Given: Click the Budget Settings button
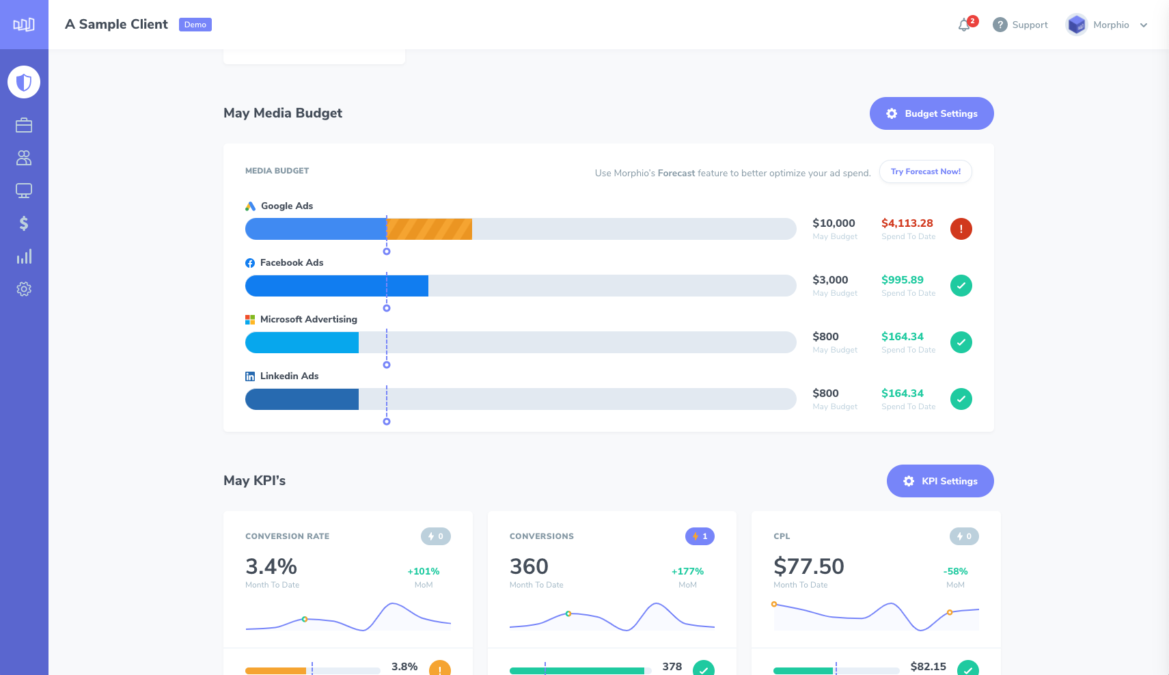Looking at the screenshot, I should tap(931, 113).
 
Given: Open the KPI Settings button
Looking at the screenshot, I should tap(940, 481).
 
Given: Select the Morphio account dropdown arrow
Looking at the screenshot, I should tap(1144, 25).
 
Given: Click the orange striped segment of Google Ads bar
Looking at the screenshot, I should tap(430, 229).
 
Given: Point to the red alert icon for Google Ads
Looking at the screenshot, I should tap(961, 229).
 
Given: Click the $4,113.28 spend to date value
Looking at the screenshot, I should tap(907, 223).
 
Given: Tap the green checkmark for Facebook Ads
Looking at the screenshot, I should tap(961, 286).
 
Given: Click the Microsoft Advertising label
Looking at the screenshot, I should tap(308, 319).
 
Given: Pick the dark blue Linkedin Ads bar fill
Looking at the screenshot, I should tap(301, 399).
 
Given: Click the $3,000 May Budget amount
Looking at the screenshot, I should tap(830, 280).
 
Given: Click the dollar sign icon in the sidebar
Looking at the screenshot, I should tap(24, 223).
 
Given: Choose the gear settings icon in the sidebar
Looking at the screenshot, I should tap(24, 289).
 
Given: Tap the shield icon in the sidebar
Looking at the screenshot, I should tap(24, 82).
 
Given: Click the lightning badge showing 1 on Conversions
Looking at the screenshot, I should tap(700, 536).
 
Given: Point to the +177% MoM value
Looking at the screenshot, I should tap(687, 571).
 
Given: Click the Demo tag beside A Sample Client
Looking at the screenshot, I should tap(195, 25).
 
